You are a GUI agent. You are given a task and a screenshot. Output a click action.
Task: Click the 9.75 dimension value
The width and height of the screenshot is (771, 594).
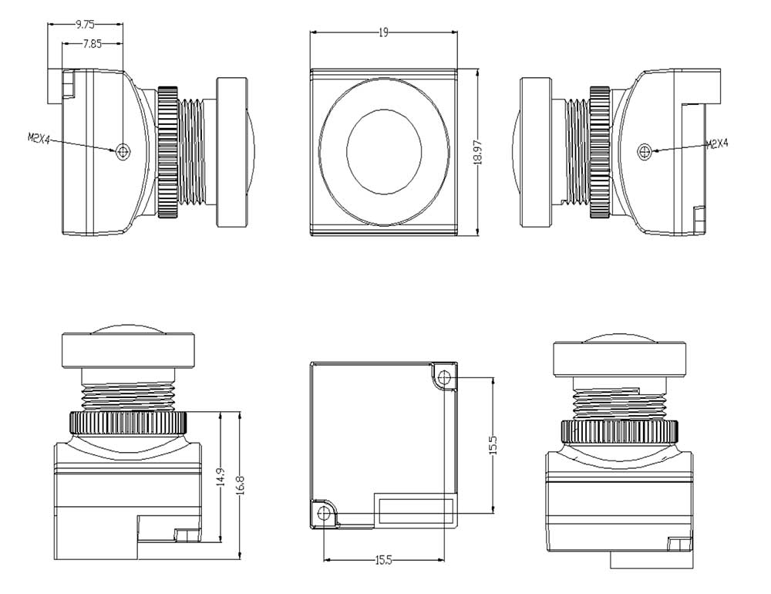(x=85, y=25)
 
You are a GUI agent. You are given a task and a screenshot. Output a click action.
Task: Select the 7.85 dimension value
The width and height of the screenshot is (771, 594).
(x=92, y=44)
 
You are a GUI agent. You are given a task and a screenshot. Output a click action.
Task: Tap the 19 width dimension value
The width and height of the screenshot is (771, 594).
(x=383, y=32)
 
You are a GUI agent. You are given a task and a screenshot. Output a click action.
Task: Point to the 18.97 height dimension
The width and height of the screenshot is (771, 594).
(x=478, y=153)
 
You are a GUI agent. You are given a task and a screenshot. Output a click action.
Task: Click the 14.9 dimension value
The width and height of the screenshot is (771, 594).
(x=221, y=478)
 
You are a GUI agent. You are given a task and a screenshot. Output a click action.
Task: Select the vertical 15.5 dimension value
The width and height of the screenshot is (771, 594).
(x=493, y=445)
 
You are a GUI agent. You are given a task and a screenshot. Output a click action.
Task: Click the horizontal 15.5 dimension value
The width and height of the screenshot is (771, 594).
(x=383, y=560)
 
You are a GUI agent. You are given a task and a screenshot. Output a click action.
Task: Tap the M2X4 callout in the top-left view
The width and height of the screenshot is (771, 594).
(x=39, y=138)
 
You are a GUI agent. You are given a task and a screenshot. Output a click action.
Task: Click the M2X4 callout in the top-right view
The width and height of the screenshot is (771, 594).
(x=717, y=143)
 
